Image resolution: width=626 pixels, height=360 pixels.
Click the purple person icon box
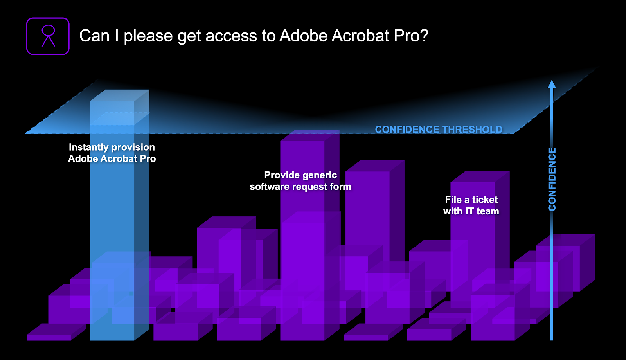(48, 36)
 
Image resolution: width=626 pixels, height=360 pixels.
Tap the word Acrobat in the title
(360, 36)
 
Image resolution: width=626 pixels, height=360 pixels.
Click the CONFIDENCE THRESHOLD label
(439, 130)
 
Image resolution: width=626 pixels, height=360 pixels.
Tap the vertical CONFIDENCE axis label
(552, 179)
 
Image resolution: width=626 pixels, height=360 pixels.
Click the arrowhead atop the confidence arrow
(552, 84)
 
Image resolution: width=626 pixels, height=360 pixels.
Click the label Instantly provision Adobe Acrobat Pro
(112, 153)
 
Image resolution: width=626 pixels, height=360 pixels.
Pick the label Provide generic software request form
(300, 181)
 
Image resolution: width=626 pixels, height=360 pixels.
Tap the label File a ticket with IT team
(471, 205)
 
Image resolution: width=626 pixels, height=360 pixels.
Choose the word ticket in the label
(485, 200)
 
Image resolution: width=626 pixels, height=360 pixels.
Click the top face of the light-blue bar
(120, 95)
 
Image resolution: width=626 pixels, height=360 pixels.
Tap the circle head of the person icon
(49, 30)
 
